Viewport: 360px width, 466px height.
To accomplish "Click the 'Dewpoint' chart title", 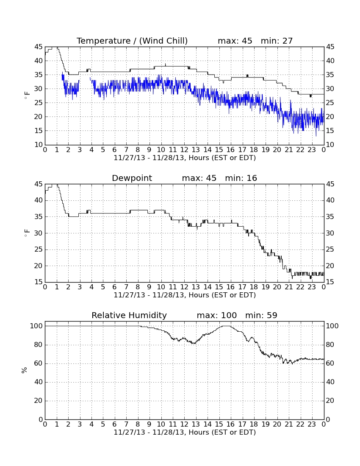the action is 132,178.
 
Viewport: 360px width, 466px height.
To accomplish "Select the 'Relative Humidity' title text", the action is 129,315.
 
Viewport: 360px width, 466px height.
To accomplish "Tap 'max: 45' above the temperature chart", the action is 235,41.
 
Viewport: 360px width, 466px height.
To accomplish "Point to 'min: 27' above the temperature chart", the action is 277,41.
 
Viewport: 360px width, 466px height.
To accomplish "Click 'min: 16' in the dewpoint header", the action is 241,178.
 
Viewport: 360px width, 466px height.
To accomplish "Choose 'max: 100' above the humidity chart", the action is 217,315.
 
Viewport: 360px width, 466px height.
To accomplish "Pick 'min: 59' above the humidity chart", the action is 261,315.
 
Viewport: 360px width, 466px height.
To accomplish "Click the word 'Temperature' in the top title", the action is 104,41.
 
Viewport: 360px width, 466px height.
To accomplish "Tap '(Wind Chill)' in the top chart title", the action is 163,41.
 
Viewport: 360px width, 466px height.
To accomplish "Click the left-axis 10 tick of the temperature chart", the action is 39,145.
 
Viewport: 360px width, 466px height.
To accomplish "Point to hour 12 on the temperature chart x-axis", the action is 184,150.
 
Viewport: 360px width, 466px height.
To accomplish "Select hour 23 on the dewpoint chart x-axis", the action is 312,287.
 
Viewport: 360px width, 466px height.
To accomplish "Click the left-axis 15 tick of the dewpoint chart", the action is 39,282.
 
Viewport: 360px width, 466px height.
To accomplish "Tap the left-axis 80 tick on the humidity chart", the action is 39,345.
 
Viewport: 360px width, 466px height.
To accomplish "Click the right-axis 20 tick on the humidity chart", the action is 330,401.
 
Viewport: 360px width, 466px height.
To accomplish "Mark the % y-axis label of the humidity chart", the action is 25,370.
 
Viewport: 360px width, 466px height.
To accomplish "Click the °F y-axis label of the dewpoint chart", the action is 27,233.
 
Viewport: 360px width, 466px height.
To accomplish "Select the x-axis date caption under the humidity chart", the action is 185,433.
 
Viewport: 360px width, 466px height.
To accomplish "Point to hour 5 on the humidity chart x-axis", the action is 103,424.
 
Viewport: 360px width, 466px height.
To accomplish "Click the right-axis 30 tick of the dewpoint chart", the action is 330,233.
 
